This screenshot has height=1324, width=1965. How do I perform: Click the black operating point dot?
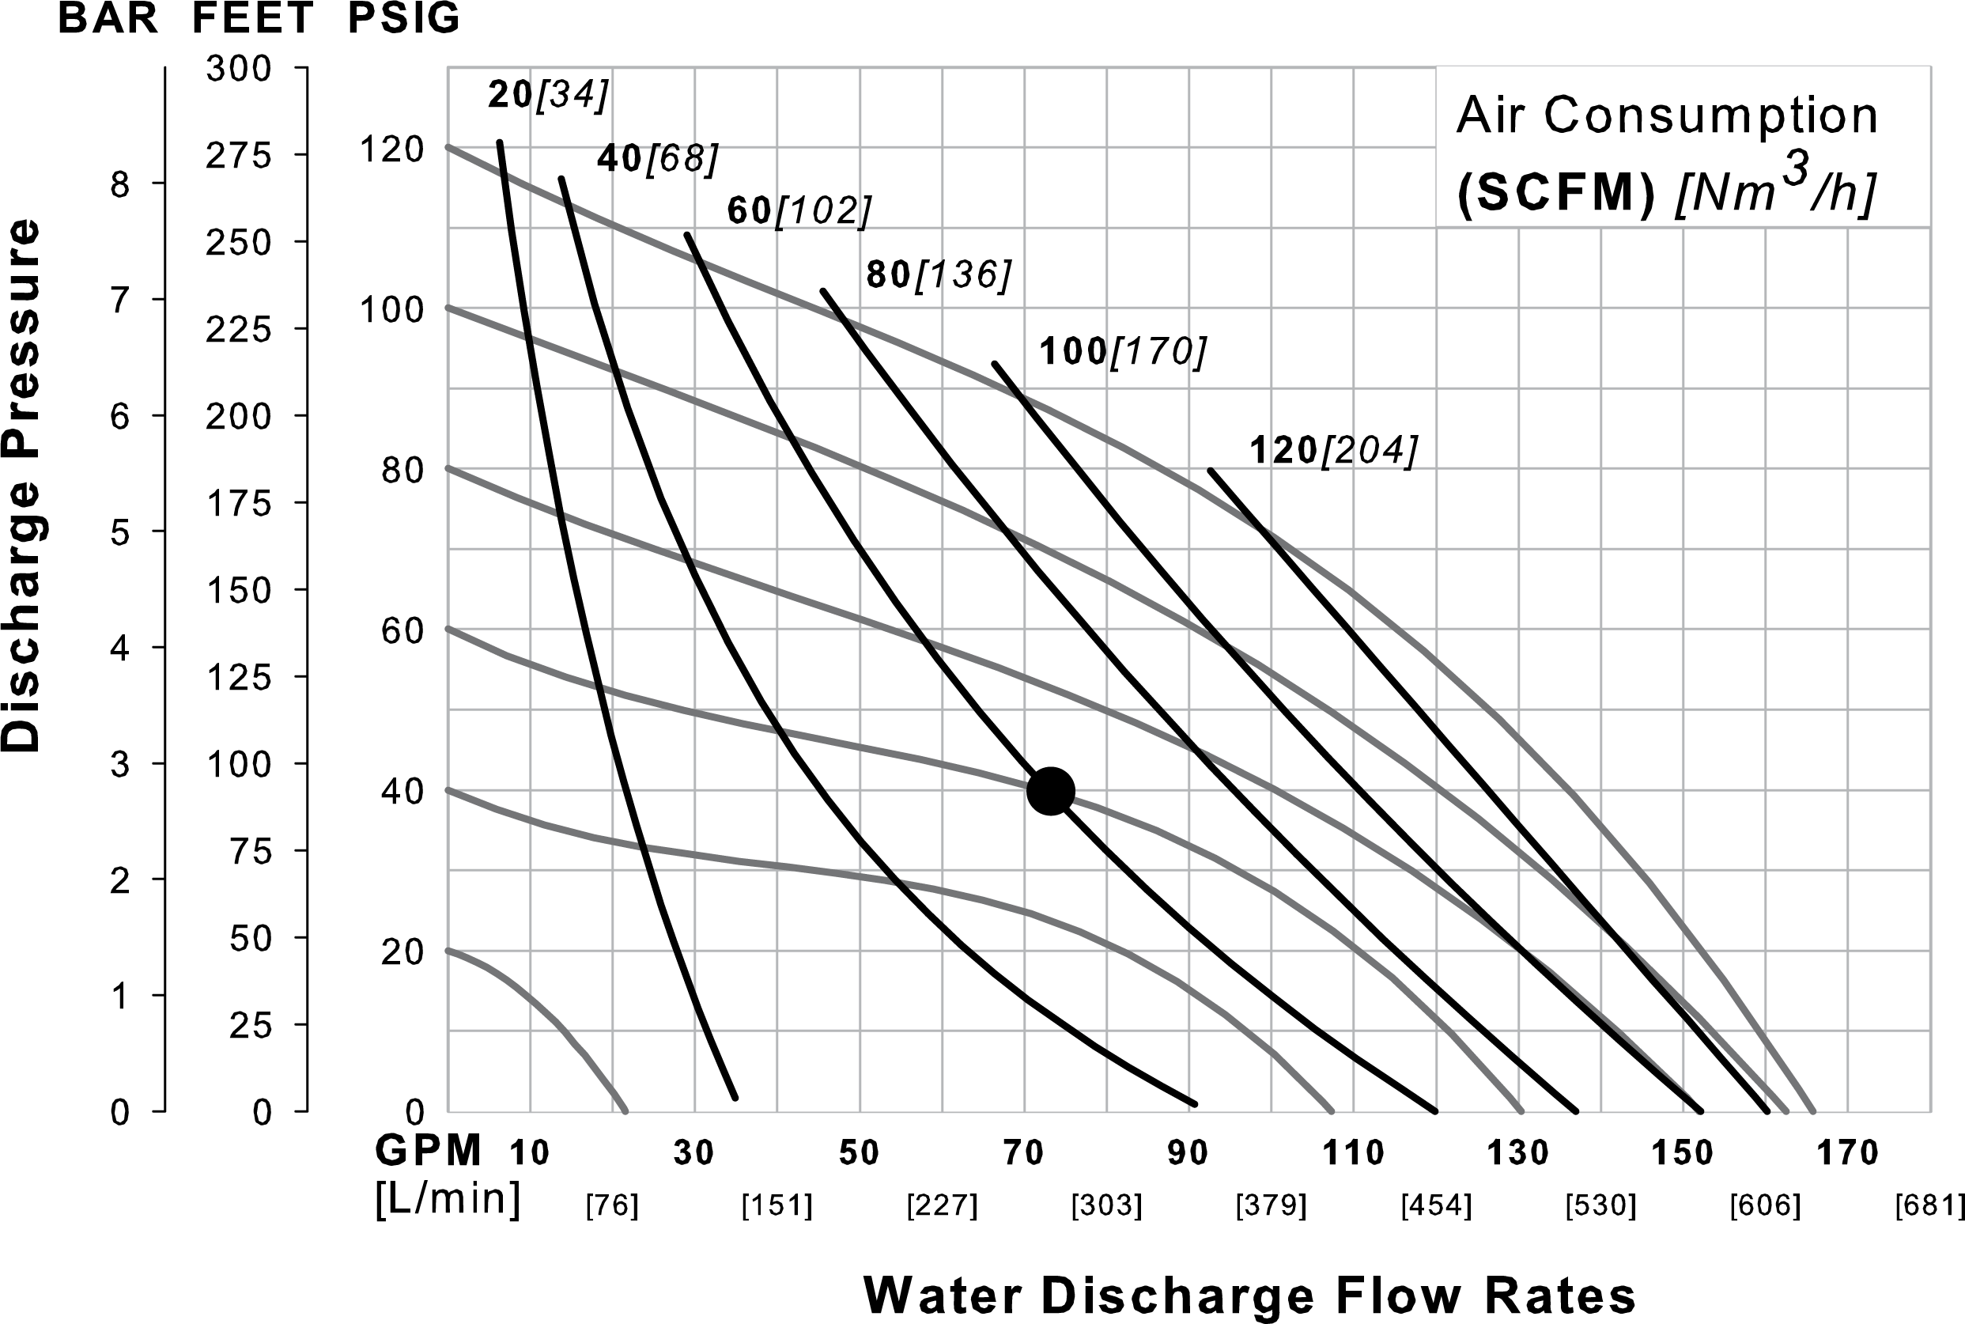1050,791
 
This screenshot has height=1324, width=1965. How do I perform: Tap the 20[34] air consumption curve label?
548,95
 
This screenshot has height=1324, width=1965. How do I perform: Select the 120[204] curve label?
1332,451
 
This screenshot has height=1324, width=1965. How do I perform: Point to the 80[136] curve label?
939,274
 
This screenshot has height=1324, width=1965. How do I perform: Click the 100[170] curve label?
1123,351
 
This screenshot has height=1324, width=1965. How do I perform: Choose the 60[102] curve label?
799,210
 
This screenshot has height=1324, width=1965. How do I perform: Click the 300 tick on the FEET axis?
239,68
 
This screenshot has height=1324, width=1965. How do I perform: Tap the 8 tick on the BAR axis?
120,184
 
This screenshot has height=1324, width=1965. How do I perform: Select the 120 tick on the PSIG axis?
391,149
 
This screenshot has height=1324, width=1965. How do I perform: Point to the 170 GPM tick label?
1847,1152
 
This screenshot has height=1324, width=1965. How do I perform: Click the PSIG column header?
403,18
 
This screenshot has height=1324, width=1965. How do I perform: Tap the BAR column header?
108,18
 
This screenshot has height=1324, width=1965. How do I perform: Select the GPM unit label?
429,1150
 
